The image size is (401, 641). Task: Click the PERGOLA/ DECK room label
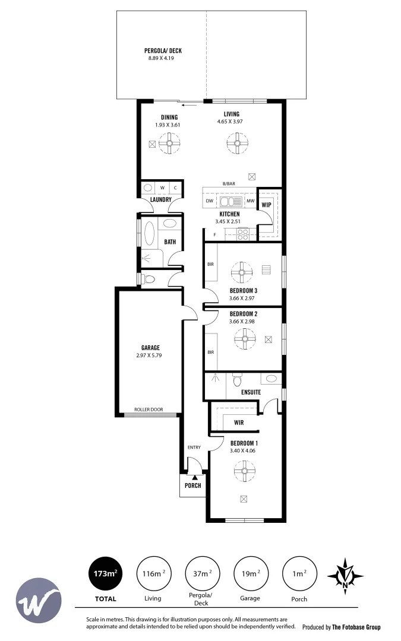[x=163, y=51]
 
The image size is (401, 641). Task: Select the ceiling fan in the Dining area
[x=169, y=143]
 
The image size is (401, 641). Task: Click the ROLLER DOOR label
[x=149, y=410]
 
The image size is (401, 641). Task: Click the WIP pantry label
[x=266, y=205]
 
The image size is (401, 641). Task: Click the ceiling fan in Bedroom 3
[x=242, y=273]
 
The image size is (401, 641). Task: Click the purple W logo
[x=39, y=598]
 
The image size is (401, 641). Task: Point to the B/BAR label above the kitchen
[x=228, y=185]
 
